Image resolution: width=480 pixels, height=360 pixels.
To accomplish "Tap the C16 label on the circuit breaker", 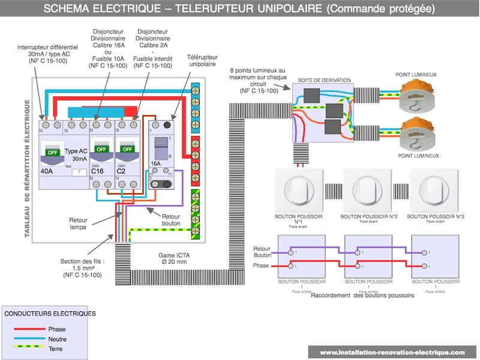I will pos(99,170).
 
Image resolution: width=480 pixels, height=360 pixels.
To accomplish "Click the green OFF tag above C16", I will pos(101,148).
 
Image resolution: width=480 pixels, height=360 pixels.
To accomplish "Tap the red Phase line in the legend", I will pos(30,329).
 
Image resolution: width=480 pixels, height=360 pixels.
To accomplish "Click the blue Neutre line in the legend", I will pos(30,338).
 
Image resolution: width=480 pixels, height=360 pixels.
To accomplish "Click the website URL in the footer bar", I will pos(392,352).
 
